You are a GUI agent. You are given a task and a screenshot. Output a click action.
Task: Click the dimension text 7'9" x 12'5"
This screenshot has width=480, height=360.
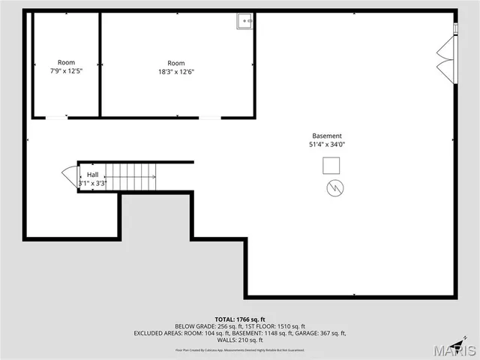tap(66, 71)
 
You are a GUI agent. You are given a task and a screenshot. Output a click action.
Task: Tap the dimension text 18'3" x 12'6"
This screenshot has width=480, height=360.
tap(176, 71)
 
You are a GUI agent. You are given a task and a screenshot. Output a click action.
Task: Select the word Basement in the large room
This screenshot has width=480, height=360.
tap(327, 136)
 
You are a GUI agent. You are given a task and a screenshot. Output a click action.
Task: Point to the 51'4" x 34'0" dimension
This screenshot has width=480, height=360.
tap(327, 145)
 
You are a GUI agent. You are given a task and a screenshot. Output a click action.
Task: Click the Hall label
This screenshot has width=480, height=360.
tap(92, 174)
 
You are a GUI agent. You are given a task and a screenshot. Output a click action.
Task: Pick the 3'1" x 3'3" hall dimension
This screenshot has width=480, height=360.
tap(93, 183)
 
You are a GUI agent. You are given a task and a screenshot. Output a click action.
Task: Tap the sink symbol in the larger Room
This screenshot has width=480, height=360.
tap(245, 22)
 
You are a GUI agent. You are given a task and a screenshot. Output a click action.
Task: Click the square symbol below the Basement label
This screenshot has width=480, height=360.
tap(331, 165)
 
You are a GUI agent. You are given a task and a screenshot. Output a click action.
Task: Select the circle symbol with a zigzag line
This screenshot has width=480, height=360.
tap(334, 187)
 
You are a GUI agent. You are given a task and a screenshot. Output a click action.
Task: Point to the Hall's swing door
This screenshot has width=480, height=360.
tap(70, 177)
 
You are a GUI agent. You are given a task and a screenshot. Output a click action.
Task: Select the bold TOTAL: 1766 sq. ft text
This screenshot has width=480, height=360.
tap(240, 319)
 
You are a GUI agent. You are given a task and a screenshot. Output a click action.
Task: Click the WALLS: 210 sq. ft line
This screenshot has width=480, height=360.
tap(240, 340)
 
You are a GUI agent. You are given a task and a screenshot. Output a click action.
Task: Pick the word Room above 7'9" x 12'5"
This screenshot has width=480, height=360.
tap(66, 62)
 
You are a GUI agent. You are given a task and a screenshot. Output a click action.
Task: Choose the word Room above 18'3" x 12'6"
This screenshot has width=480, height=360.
tap(176, 63)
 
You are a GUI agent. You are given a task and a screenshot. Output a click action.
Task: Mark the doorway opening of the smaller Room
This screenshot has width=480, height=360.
tap(56, 117)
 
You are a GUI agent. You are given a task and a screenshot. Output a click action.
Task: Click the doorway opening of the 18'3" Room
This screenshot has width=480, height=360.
tap(210, 117)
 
